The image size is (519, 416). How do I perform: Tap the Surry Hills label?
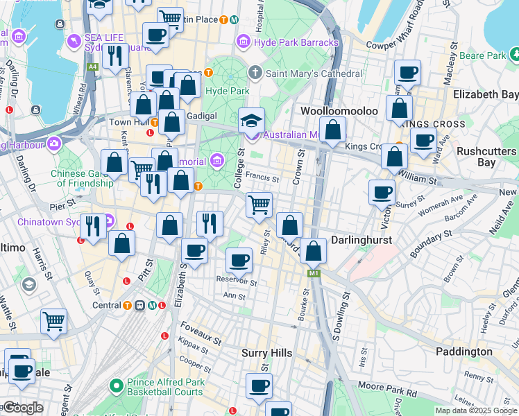coord(267,353)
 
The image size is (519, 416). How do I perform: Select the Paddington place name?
coord(464,352)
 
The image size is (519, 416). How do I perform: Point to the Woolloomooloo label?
coord(339,111)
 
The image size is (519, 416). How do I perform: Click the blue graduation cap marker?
coord(251,121)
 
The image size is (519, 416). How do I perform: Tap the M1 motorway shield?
coord(313,275)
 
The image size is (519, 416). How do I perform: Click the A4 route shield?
coord(92,67)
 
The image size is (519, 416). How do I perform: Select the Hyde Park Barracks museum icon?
coord(244,43)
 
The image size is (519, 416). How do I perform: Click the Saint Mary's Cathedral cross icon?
coord(255,73)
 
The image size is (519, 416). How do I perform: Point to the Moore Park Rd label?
coord(387,388)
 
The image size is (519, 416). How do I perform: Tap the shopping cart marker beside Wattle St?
coord(53,321)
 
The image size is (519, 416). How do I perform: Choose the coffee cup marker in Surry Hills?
coord(259,385)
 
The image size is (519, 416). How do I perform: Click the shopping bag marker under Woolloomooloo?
coord(333,130)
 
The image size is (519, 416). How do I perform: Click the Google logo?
coord(23,408)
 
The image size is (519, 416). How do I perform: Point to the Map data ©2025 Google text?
coord(476,410)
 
